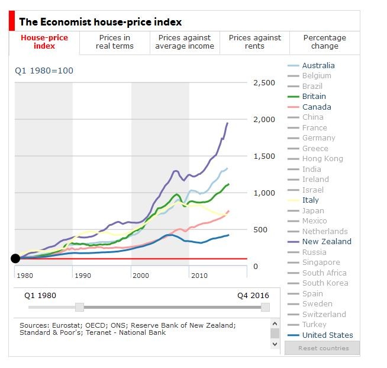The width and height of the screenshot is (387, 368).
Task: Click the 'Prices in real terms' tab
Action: point(114,42)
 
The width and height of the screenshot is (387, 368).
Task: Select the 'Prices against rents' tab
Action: point(254,42)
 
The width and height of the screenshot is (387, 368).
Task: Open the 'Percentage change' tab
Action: point(324,42)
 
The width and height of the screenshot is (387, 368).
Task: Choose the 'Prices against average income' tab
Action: point(185,42)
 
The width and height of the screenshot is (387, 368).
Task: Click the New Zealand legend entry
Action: point(326,242)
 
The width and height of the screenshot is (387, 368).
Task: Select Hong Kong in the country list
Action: point(322,159)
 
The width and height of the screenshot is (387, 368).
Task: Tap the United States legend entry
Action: point(327,335)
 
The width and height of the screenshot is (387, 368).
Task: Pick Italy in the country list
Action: point(310,200)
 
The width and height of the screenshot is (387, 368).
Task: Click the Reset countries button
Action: point(322,348)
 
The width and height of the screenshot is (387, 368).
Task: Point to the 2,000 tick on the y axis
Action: point(264,120)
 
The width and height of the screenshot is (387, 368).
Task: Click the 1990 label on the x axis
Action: point(82,276)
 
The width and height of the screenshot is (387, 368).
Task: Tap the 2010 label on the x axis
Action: point(199,276)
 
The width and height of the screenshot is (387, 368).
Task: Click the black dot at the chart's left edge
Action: point(15,258)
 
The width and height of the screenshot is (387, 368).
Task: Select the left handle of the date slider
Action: point(79,307)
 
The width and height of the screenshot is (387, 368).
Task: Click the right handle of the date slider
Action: point(265,307)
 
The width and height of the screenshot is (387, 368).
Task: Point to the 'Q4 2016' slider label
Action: point(253,296)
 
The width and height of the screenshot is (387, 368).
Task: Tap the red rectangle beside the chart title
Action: point(11,22)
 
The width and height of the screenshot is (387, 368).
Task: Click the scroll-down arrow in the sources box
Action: point(275,344)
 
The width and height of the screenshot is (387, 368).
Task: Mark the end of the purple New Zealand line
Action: point(228,123)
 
